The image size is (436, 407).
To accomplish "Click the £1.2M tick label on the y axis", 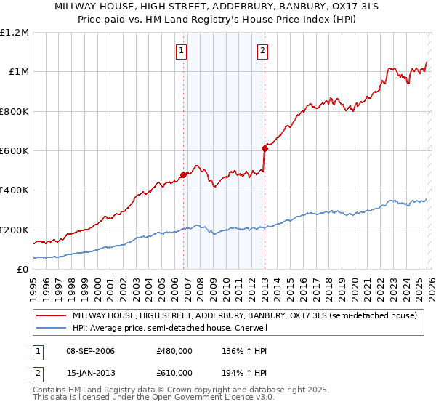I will pyautogui.click(x=15, y=33).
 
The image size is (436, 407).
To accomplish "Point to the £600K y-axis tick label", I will pyautogui.click(x=15, y=151).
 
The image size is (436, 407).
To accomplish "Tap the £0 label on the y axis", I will pyautogui.click(x=23, y=270).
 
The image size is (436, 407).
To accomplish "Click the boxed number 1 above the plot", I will pyautogui.click(x=181, y=51).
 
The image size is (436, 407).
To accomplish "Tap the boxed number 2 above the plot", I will pyautogui.click(x=262, y=51).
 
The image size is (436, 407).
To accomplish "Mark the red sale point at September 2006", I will pyautogui.click(x=183, y=174).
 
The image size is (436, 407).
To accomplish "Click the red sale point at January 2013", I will pyautogui.click(x=265, y=148).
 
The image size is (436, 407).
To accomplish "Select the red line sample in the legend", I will pyautogui.click(x=51, y=315).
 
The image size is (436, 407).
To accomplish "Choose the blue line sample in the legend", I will pyautogui.click(x=51, y=328).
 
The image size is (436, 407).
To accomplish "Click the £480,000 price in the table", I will pyautogui.click(x=174, y=351).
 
